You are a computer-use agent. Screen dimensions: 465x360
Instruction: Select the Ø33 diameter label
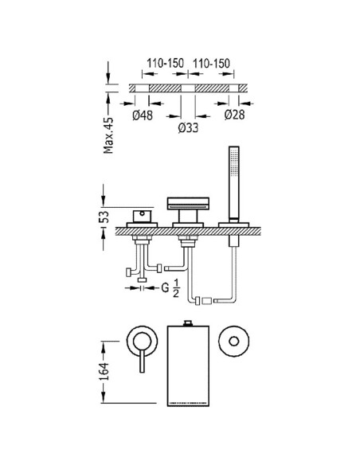click(x=188, y=128)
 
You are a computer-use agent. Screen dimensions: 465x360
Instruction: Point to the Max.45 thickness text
click(x=110, y=132)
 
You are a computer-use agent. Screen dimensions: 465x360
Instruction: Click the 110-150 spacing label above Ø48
click(x=163, y=61)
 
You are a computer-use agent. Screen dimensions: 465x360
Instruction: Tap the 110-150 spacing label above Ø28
click(x=213, y=61)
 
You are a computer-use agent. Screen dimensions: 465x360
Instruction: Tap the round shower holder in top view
click(x=233, y=341)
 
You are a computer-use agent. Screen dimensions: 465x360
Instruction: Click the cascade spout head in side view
click(x=188, y=204)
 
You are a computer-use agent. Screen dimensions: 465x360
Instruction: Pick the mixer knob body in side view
click(x=143, y=217)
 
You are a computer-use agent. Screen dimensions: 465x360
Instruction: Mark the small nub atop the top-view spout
click(x=188, y=322)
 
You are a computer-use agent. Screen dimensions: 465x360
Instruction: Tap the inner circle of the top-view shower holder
click(x=233, y=341)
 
